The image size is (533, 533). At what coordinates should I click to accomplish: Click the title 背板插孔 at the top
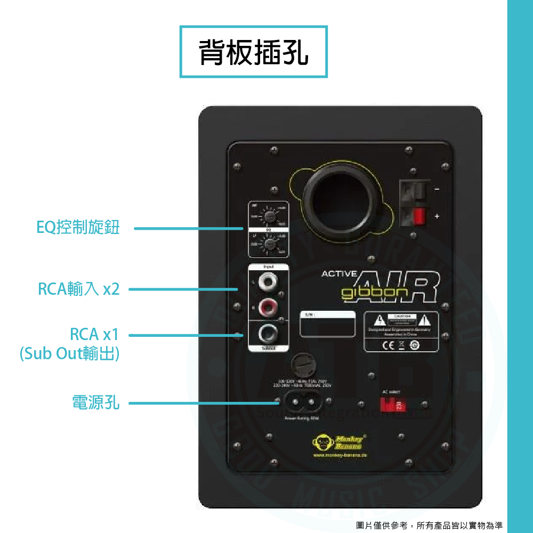pos(254,52)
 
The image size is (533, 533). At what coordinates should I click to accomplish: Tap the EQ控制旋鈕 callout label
pos(78,228)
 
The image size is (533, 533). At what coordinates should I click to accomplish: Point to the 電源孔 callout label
pos(96,402)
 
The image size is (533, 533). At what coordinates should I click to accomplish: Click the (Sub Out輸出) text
pos(69,353)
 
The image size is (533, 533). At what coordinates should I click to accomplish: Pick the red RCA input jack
pos(266,306)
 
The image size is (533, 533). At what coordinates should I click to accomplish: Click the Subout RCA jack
pos(266,334)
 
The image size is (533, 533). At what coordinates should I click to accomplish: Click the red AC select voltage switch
pos(393,405)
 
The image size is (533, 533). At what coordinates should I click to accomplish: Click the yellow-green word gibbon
pos(375,293)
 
